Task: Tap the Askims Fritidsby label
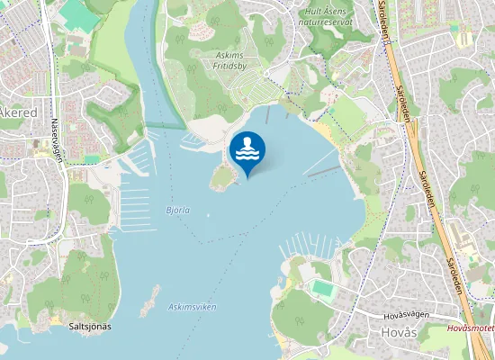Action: (x=236, y=60)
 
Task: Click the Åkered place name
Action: (x=17, y=112)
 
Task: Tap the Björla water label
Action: (x=178, y=211)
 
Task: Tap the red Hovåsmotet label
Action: (x=470, y=329)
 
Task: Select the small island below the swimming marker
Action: (x=221, y=179)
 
